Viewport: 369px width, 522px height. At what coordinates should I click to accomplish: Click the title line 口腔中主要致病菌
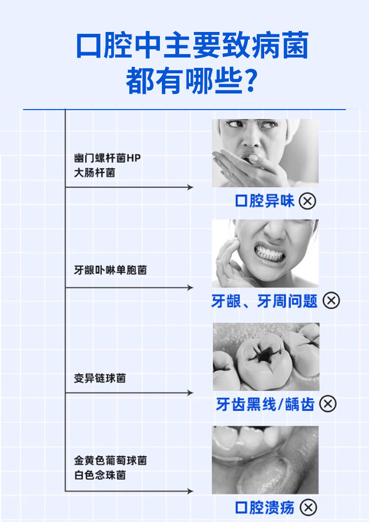pos(192,46)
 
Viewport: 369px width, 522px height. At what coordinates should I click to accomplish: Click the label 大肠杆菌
pos(94,173)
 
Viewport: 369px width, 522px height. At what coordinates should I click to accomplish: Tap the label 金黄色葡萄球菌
pos(110,461)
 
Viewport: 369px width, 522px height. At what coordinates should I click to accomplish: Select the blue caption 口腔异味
pos(265,201)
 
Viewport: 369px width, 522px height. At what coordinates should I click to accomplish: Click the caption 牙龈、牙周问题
pos(265,301)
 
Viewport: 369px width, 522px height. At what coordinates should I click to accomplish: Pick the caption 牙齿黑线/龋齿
pos(265,404)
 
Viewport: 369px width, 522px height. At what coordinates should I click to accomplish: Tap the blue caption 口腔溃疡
pos(265,507)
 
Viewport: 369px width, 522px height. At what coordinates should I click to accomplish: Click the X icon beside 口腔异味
pos(307,201)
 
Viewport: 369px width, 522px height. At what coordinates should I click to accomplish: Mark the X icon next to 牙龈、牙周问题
pos(332,301)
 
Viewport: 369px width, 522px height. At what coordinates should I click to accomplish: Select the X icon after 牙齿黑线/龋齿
pos(328,404)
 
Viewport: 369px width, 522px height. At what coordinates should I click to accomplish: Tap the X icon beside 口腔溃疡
pos(308,507)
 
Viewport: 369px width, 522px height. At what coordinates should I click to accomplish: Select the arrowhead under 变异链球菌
pos(190,393)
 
